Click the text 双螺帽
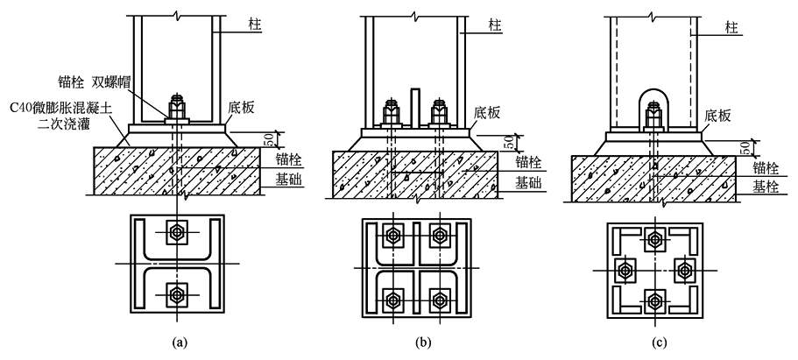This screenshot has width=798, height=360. point(123,83)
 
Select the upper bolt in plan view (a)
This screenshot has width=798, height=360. point(176,233)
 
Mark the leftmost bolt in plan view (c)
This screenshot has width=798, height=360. point(624,271)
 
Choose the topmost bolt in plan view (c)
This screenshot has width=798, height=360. point(653,239)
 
